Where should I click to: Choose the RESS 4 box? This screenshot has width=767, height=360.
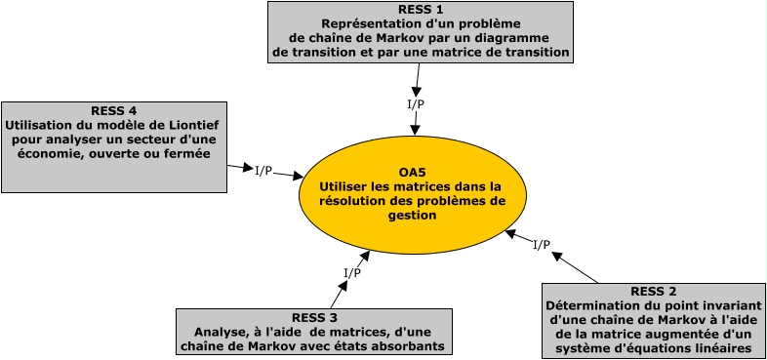coord(114,145)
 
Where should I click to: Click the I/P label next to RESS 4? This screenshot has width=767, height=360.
coord(263,171)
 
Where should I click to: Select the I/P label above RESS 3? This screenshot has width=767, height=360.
coord(353,272)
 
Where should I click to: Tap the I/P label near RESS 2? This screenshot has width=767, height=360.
coord(542,244)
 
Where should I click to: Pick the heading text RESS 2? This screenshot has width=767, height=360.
coord(654,291)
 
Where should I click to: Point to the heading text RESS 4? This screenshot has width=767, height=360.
coord(113,109)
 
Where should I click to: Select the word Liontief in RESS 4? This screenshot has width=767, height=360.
coord(196,124)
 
